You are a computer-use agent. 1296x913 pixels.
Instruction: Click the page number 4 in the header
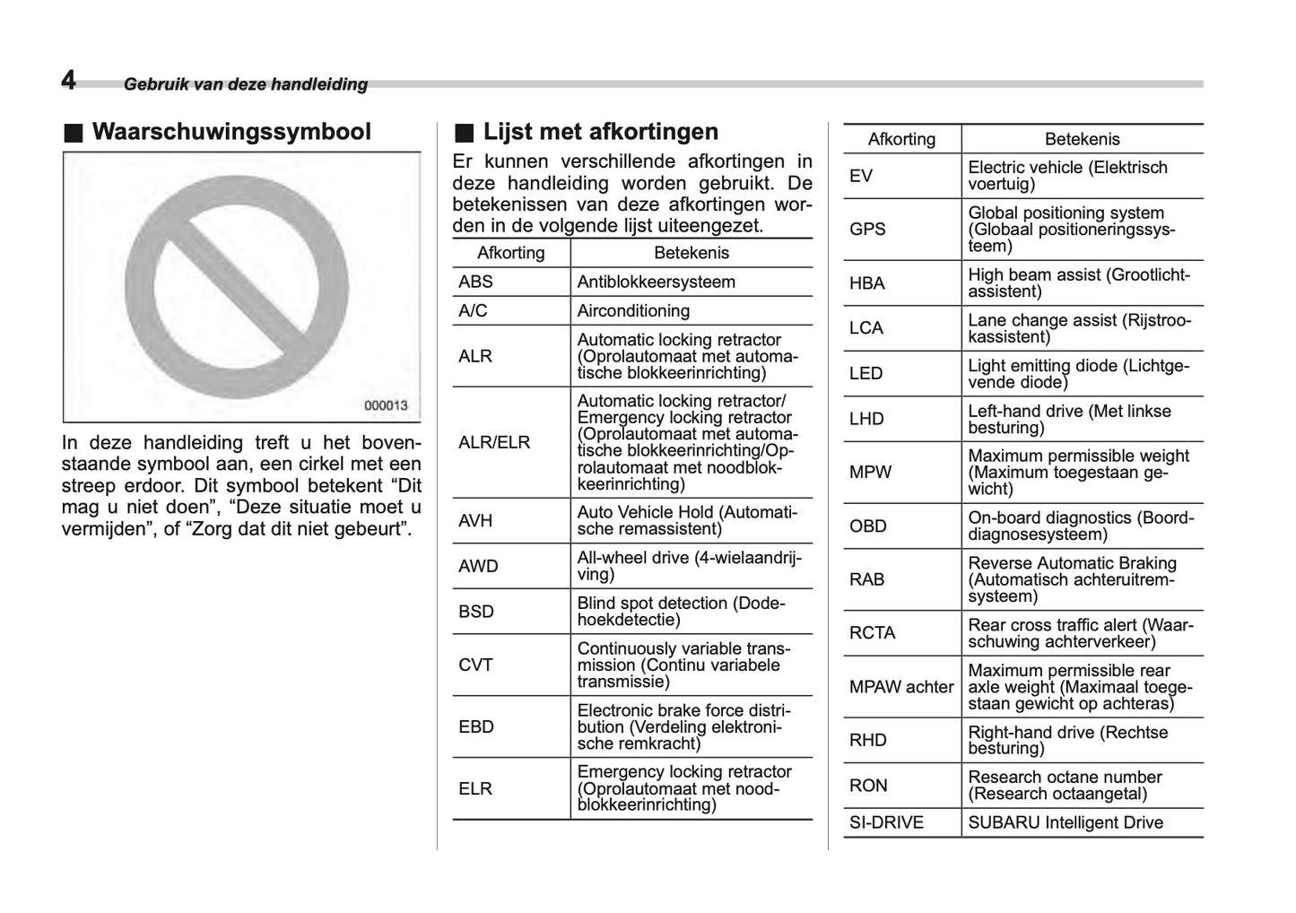coord(68,81)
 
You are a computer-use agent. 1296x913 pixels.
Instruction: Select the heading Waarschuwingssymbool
coord(230,132)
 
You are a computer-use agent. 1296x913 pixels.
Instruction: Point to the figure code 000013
coord(386,405)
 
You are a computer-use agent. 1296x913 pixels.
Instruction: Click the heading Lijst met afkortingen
coord(600,132)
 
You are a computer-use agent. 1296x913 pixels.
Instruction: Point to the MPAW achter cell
coord(900,687)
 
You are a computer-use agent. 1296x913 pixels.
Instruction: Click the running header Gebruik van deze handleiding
coord(246,84)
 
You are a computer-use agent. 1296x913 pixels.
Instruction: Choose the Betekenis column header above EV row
coord(1082,139)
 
